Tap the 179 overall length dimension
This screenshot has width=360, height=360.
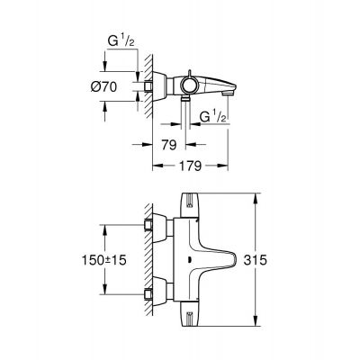(187, 166)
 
